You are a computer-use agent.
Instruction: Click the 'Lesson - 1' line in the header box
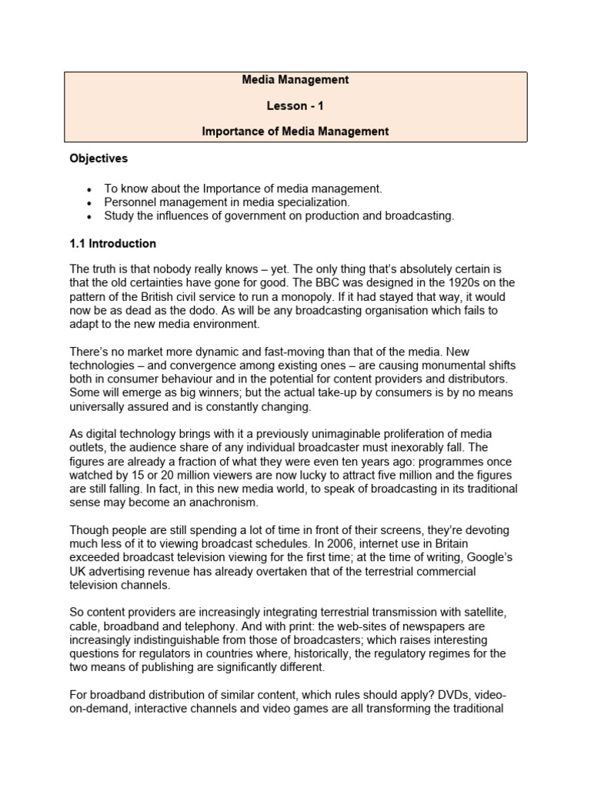[295, 105]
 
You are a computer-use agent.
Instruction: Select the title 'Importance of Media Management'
[295, 132]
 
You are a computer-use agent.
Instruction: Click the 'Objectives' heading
[98, 159]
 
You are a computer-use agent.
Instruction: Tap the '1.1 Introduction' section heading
[112, 243]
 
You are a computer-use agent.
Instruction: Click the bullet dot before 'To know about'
[90, 189]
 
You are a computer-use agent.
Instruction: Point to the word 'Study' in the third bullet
[119, 215]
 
